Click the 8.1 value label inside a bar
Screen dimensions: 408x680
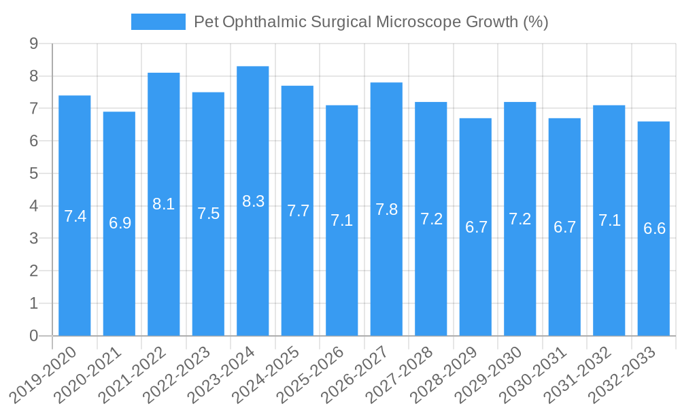coord(164,204)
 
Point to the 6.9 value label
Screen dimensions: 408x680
coord(120,223)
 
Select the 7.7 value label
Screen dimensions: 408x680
coord(298,211)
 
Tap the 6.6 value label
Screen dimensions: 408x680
coord(654,228)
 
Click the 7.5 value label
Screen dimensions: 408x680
coord(208,214)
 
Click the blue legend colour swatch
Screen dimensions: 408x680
coord(158,22)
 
